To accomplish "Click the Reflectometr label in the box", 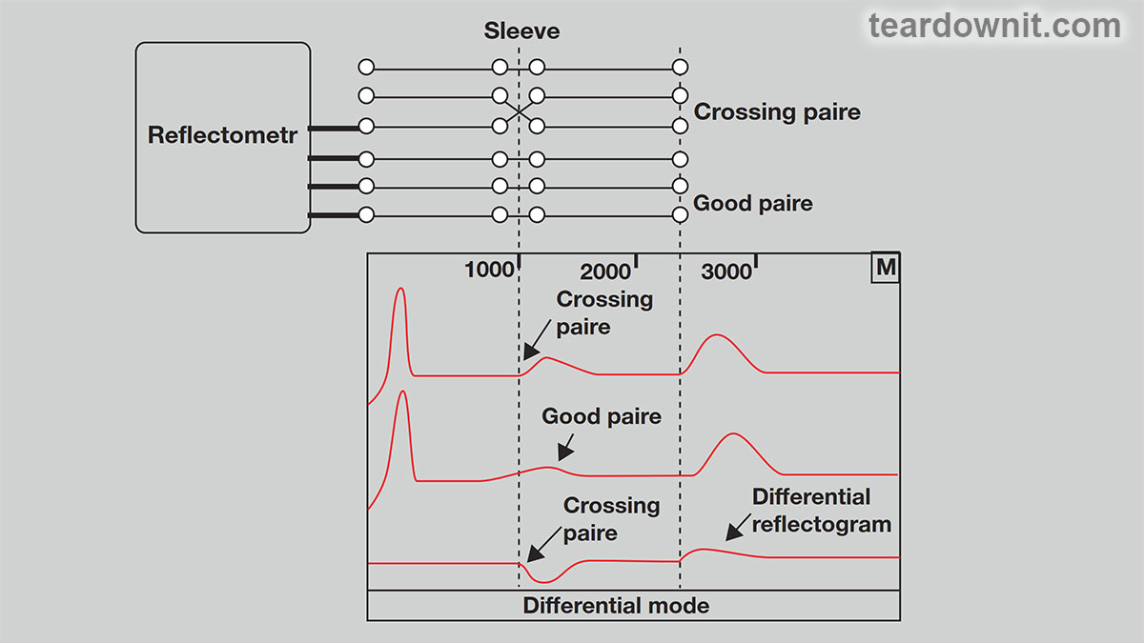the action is [x=222, y=135].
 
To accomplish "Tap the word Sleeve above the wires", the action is [x=521, y=31].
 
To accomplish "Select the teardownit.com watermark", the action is [x=995, y=26].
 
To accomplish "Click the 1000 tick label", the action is [x=489, y=270].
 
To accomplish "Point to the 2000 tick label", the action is [x=604, y=272].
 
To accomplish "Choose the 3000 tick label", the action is [x=725, y=272].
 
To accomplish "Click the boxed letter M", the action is [x=886, y=268].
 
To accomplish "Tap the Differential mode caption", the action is [x=616, y=606].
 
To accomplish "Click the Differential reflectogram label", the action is [x=821, y=511].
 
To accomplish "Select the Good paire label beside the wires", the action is [x=753, y=203].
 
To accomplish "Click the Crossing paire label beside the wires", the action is [x=777, y=111].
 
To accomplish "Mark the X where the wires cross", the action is [x=519, y=111].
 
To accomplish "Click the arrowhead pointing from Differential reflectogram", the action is [x=734, y=532].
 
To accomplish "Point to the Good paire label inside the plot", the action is [x=602, y=416].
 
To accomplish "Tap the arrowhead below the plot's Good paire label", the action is [x=564, y=452].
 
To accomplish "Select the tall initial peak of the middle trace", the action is [x=403, y=392].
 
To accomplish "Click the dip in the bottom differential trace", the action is [x=544, y=581].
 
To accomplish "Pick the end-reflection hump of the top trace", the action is [x=718, y=335].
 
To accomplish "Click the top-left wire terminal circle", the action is [x=366, y=67].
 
